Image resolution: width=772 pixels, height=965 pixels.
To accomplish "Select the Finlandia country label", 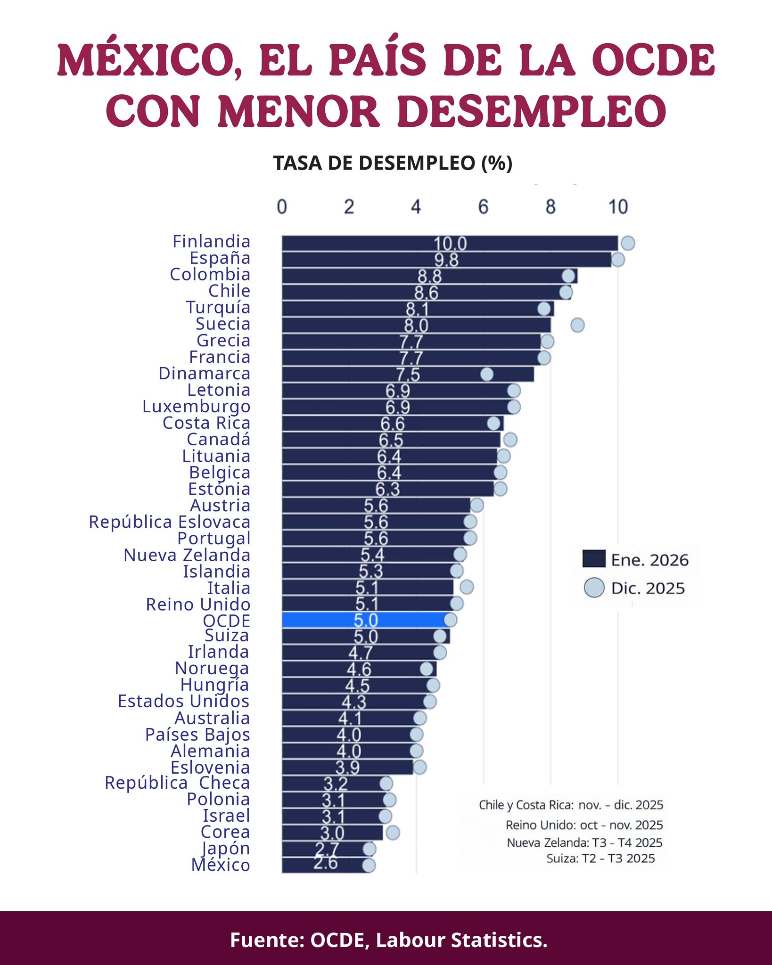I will point(211,241).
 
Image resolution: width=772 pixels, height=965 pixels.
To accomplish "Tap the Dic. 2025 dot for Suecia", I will point(577,325).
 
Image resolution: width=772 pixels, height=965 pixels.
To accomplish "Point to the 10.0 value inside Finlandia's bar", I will point(450,244).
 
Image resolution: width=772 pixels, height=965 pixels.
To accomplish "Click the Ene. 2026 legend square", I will point(594,559).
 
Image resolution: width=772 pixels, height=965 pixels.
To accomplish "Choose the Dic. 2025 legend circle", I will point(594,588).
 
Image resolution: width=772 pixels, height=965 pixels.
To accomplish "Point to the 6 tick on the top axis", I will point(483,207).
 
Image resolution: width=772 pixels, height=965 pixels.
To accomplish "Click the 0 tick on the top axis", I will point(282,207).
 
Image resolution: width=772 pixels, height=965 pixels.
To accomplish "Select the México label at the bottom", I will point(221,865).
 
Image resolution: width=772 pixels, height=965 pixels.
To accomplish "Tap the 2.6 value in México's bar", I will point(326,863).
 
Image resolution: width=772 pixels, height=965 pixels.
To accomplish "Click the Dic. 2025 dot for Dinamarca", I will point(487,374).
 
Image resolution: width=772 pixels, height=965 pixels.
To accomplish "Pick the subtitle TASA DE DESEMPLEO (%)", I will point(393,163).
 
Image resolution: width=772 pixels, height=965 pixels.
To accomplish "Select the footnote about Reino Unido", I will point(584,825).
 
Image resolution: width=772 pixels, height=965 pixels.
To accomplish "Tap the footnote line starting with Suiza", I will point(600,858).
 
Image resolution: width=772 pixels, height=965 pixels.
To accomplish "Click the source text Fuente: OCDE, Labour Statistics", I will point(389,940).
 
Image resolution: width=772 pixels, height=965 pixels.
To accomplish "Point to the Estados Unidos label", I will point(183,701).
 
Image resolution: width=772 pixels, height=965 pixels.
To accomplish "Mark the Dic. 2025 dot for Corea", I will point(393,833).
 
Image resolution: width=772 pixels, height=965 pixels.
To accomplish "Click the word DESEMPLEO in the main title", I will point(532,111).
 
